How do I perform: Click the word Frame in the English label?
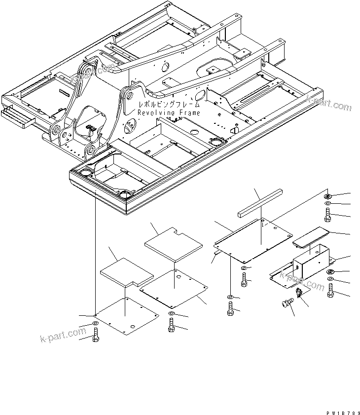189,113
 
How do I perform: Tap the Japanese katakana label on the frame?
169,105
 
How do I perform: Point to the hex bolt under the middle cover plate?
171,325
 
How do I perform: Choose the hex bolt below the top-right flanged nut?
328,215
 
